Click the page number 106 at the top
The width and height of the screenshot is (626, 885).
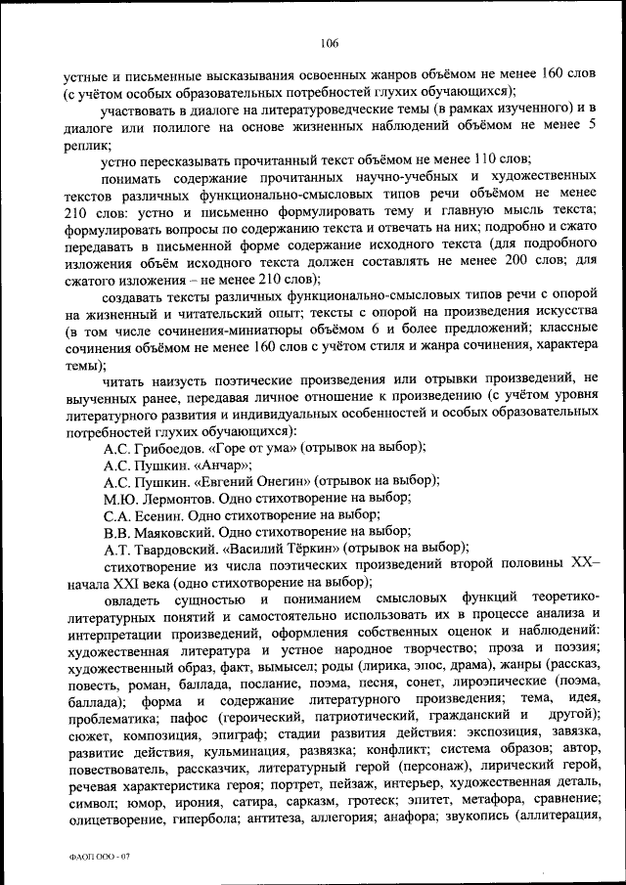(x=329, y=41)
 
